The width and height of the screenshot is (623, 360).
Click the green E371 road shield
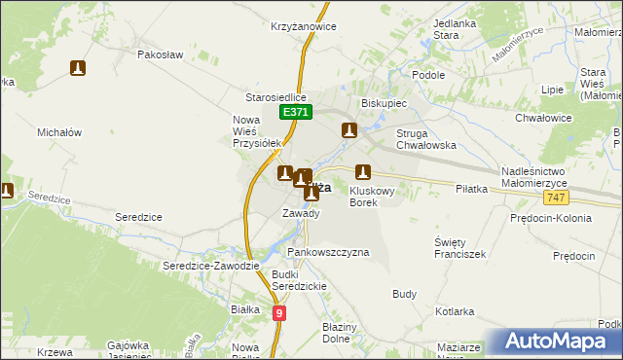[297, 113]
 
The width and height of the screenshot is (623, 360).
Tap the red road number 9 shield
[279, 312]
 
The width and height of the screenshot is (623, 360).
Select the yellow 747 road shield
[556, 198]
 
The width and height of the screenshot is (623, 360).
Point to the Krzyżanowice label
[305, 26]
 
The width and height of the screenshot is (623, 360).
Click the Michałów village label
[58, 131]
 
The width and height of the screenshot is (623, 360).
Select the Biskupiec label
[384, 102]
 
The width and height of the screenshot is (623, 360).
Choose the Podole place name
[428, 75]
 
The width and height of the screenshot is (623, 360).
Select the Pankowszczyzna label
[328, 252]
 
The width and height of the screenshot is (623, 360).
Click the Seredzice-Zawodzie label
[211, 266]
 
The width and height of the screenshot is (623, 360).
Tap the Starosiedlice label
[275, 97]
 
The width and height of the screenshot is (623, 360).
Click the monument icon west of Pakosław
[79, 68]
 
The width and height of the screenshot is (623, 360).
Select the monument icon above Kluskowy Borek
[363, 171]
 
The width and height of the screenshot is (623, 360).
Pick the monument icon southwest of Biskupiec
[348, 129]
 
